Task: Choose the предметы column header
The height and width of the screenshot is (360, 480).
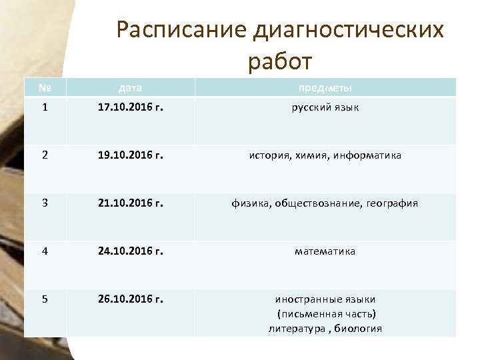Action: pos(325,87)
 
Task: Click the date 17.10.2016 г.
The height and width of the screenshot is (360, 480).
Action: pos(130,107)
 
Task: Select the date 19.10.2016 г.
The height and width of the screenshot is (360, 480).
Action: pos(130,155)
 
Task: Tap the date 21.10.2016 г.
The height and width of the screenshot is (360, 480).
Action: pos(130,203)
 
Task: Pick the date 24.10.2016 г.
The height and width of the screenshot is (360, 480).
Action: pos(130,251)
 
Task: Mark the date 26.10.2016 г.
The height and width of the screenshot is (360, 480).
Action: pos(130,299)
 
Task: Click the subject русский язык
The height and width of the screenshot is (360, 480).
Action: pos(325,107)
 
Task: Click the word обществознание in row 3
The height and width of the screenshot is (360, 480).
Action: pos(323,203)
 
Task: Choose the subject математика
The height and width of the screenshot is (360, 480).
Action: pos(325,251)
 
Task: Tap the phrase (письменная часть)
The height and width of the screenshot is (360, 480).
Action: pos(326,314)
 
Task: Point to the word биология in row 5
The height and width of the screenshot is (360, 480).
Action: pos(359,329)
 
